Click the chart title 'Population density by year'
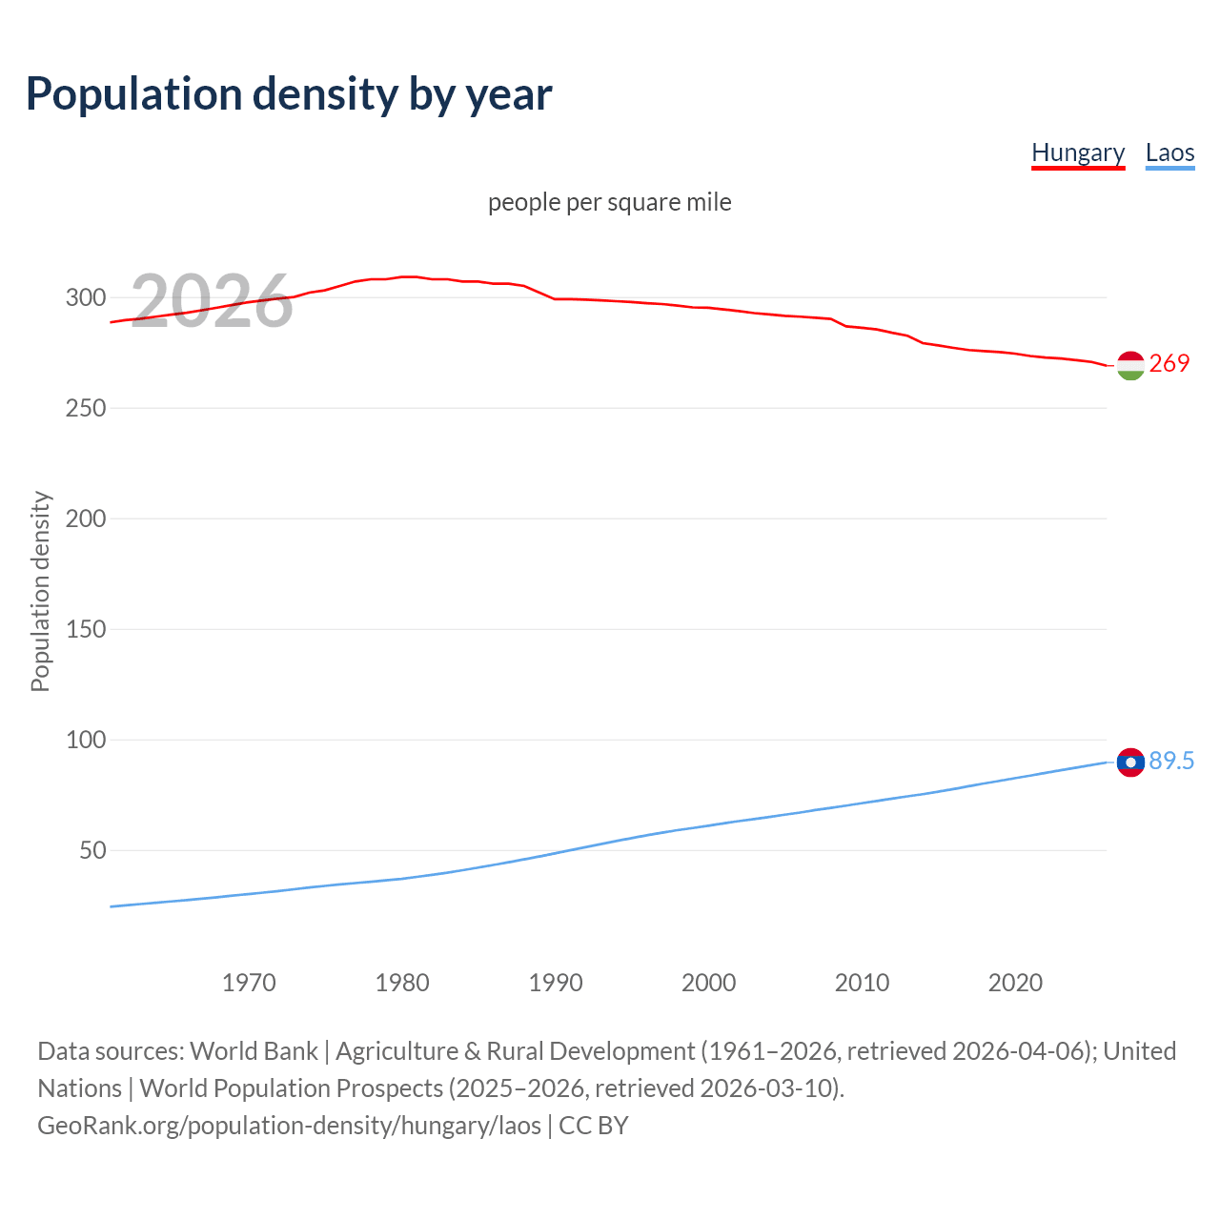pyautogui.click(x=289, y=94)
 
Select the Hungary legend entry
pyautogui.click(x=1078, y=152)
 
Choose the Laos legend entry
pyautogui.click(x=1169, y=152)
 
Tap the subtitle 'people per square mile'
pyautogui.click(x=609, y=202)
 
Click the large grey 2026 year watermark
pyautogui.click(x=212, y=301)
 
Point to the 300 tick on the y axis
pyautogui.click(x=86, y=297)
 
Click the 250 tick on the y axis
pyautogui.click(x=86, y=408)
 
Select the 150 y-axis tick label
pyautogui.click(x=86, y=629)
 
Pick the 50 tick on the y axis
pyautogui.click(x=92, y=850)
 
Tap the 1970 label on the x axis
pyautogui.click(x=249, y=983)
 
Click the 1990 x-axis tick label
pyautogui.click(x=556, y=983)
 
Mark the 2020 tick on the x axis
pyautogui.click(x=1015, y=983)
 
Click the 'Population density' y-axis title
pyautogui.click(x=40, y=591)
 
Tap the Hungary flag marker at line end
pyautogui.click(x=1130, y=365)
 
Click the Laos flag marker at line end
pyautogui.click(x=1130, y=762)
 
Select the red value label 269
pyautogui.click(x=1169, y=363)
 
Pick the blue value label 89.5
pyautogui.click(x=1171, y=761)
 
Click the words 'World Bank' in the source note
pyautogui.click(x=254, y=1050)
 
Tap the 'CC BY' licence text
pyautogui.click(x=594, y=1125)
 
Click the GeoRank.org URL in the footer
pyautogui.click(x=289, y=1125)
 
